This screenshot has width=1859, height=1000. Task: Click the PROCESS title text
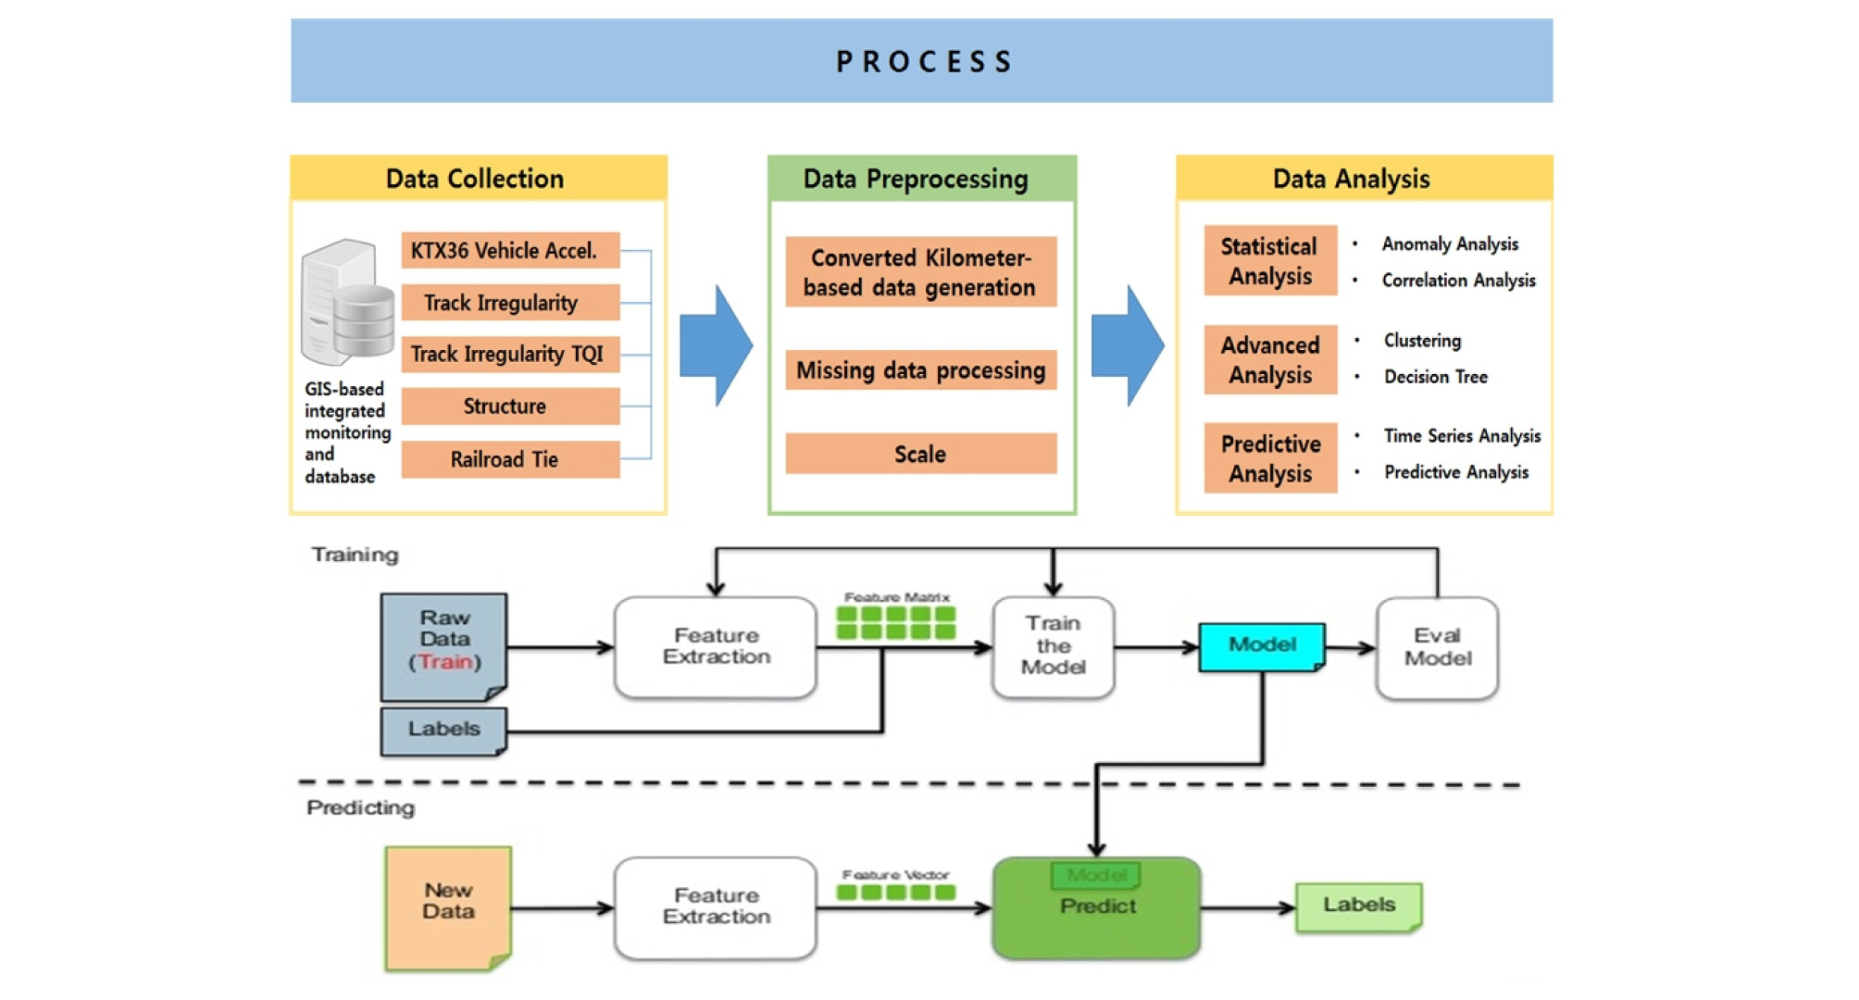coord(923,62)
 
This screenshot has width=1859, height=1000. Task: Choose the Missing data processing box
coord(920,370)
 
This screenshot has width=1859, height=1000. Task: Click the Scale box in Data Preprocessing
coord(920,454)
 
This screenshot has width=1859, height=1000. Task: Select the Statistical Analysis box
coord(1269,261)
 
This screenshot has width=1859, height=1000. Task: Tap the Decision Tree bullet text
coord(1435,377)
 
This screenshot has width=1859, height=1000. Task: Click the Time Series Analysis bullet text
coord(1462,436)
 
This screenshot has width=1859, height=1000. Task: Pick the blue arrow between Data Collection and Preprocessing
coord(716,345)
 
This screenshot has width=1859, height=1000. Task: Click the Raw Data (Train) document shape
coord(444,646)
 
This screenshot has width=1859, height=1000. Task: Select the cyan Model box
coord(1262,645)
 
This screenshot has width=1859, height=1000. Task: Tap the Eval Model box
coord(1437,647)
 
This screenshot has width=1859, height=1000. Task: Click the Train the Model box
coord(1053,646)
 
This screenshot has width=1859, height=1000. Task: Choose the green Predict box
coord(1096,908)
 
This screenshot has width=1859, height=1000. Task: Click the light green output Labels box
coord(1358,906)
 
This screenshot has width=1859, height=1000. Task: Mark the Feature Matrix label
coord(896,598)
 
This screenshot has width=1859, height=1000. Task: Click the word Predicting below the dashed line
coord(360,807)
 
